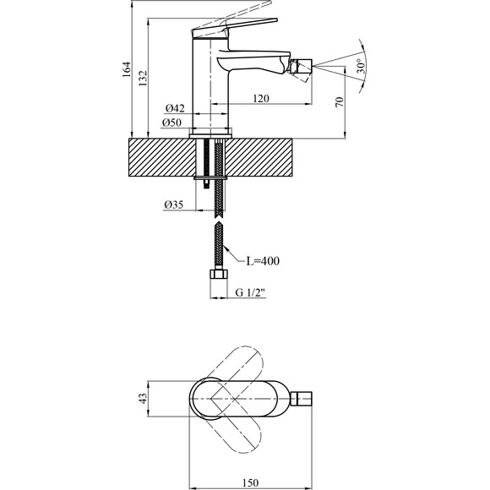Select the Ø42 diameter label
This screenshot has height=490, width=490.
[175, 108]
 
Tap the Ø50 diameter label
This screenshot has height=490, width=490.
[175, 124]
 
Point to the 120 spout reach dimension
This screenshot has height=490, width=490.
[261, 100]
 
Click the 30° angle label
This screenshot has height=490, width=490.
[361, 66]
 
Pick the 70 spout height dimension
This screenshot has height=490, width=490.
[340, 101]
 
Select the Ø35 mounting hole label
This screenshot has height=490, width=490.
[174, 205]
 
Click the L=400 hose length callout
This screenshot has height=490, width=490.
[262, 261]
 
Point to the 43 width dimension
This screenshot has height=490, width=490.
[143, 397]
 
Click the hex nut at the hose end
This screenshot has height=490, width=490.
[218, 276]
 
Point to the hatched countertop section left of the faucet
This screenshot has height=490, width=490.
[161, 157]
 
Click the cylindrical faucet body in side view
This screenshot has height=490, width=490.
[210, 84]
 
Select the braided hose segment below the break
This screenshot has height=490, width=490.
[218, 245]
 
